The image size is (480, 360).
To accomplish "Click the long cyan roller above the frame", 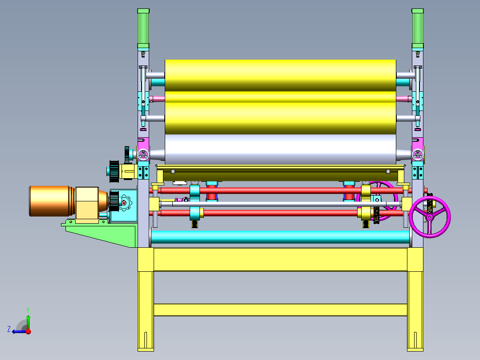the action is coord(280,237).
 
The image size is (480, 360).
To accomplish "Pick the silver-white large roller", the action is coord(280,150).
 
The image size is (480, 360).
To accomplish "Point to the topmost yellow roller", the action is coord(280,75).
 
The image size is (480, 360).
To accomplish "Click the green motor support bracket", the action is coord(101,233).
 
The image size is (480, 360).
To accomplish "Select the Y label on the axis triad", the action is coord(28,310).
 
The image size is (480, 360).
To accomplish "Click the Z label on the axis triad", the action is coord(9,329).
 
